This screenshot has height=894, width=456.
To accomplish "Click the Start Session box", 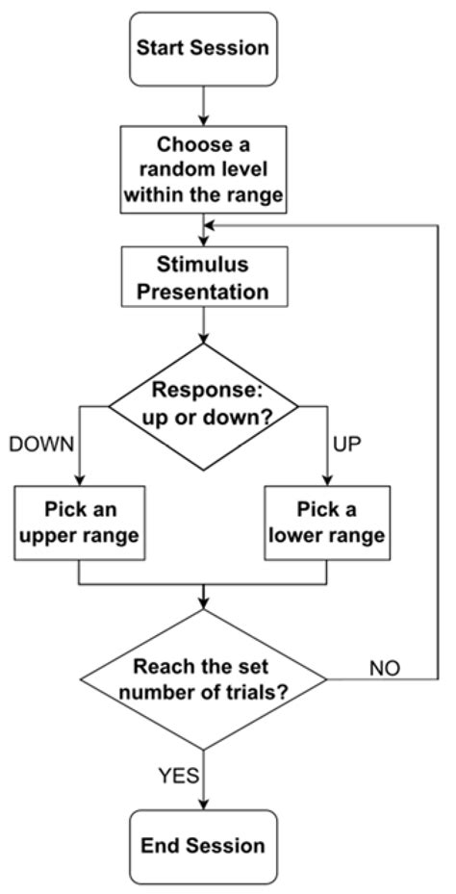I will point(203,47).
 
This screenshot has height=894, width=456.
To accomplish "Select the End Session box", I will point(203,846).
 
